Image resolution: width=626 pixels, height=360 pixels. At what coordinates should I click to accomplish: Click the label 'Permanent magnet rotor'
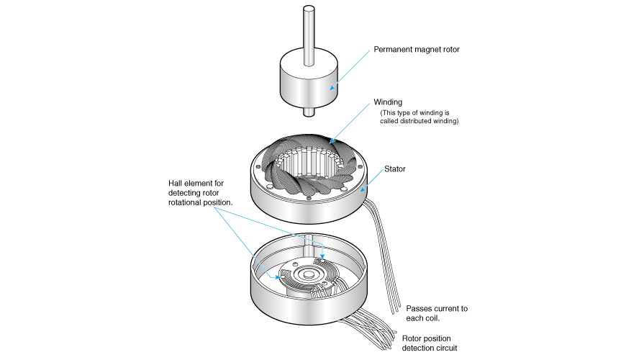416,50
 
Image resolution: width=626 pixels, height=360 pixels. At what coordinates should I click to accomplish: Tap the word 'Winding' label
388,102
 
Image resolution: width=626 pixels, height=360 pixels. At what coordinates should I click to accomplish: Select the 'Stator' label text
395,168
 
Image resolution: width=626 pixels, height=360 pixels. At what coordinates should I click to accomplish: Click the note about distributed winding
419,117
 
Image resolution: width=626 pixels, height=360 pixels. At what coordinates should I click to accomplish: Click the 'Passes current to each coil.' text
437,312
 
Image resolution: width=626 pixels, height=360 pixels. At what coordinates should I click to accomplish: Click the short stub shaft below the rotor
309,112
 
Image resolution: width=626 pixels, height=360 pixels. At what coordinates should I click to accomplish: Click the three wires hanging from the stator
385,259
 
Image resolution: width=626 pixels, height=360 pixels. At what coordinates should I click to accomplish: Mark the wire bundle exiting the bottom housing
374,328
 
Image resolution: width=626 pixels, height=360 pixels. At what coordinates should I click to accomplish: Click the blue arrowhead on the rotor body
332,89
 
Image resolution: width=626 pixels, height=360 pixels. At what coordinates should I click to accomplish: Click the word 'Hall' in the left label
176,183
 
